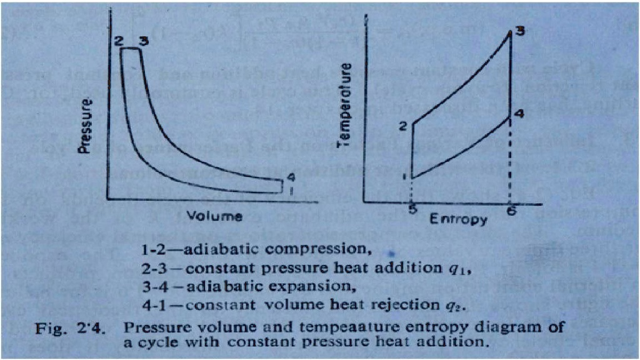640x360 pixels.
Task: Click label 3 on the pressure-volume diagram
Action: pos(143,41)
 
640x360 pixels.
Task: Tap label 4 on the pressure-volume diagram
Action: pos(290,177)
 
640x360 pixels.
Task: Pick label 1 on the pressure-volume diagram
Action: pos(290,189)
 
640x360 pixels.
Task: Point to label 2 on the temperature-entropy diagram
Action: pos(404,125)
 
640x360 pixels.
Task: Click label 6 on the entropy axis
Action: pos(512,211)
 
